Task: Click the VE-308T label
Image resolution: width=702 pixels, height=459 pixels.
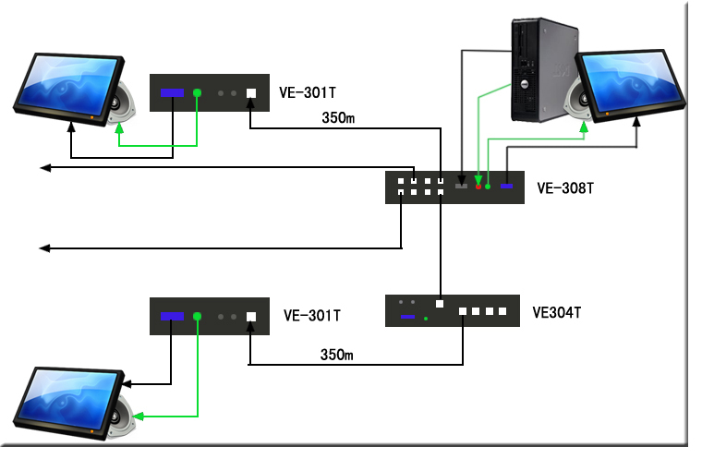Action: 564,188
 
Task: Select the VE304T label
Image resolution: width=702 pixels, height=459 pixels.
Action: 556,312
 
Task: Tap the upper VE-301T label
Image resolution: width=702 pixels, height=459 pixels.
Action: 309,92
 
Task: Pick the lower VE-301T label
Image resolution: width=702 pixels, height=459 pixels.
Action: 311,316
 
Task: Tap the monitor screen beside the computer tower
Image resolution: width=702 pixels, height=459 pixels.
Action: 630,81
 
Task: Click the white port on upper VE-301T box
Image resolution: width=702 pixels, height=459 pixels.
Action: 251,92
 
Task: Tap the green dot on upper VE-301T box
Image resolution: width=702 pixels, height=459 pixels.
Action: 198,92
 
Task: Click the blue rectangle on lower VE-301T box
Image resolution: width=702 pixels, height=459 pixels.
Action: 172,316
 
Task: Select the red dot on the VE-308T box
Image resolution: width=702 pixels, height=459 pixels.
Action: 478,187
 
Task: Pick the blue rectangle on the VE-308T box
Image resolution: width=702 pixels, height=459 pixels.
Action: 506,187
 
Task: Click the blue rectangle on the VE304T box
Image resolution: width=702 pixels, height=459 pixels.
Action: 407,318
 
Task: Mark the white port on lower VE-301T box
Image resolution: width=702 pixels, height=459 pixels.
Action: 251,316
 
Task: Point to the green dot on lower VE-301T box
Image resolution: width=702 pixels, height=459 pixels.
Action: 198,316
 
